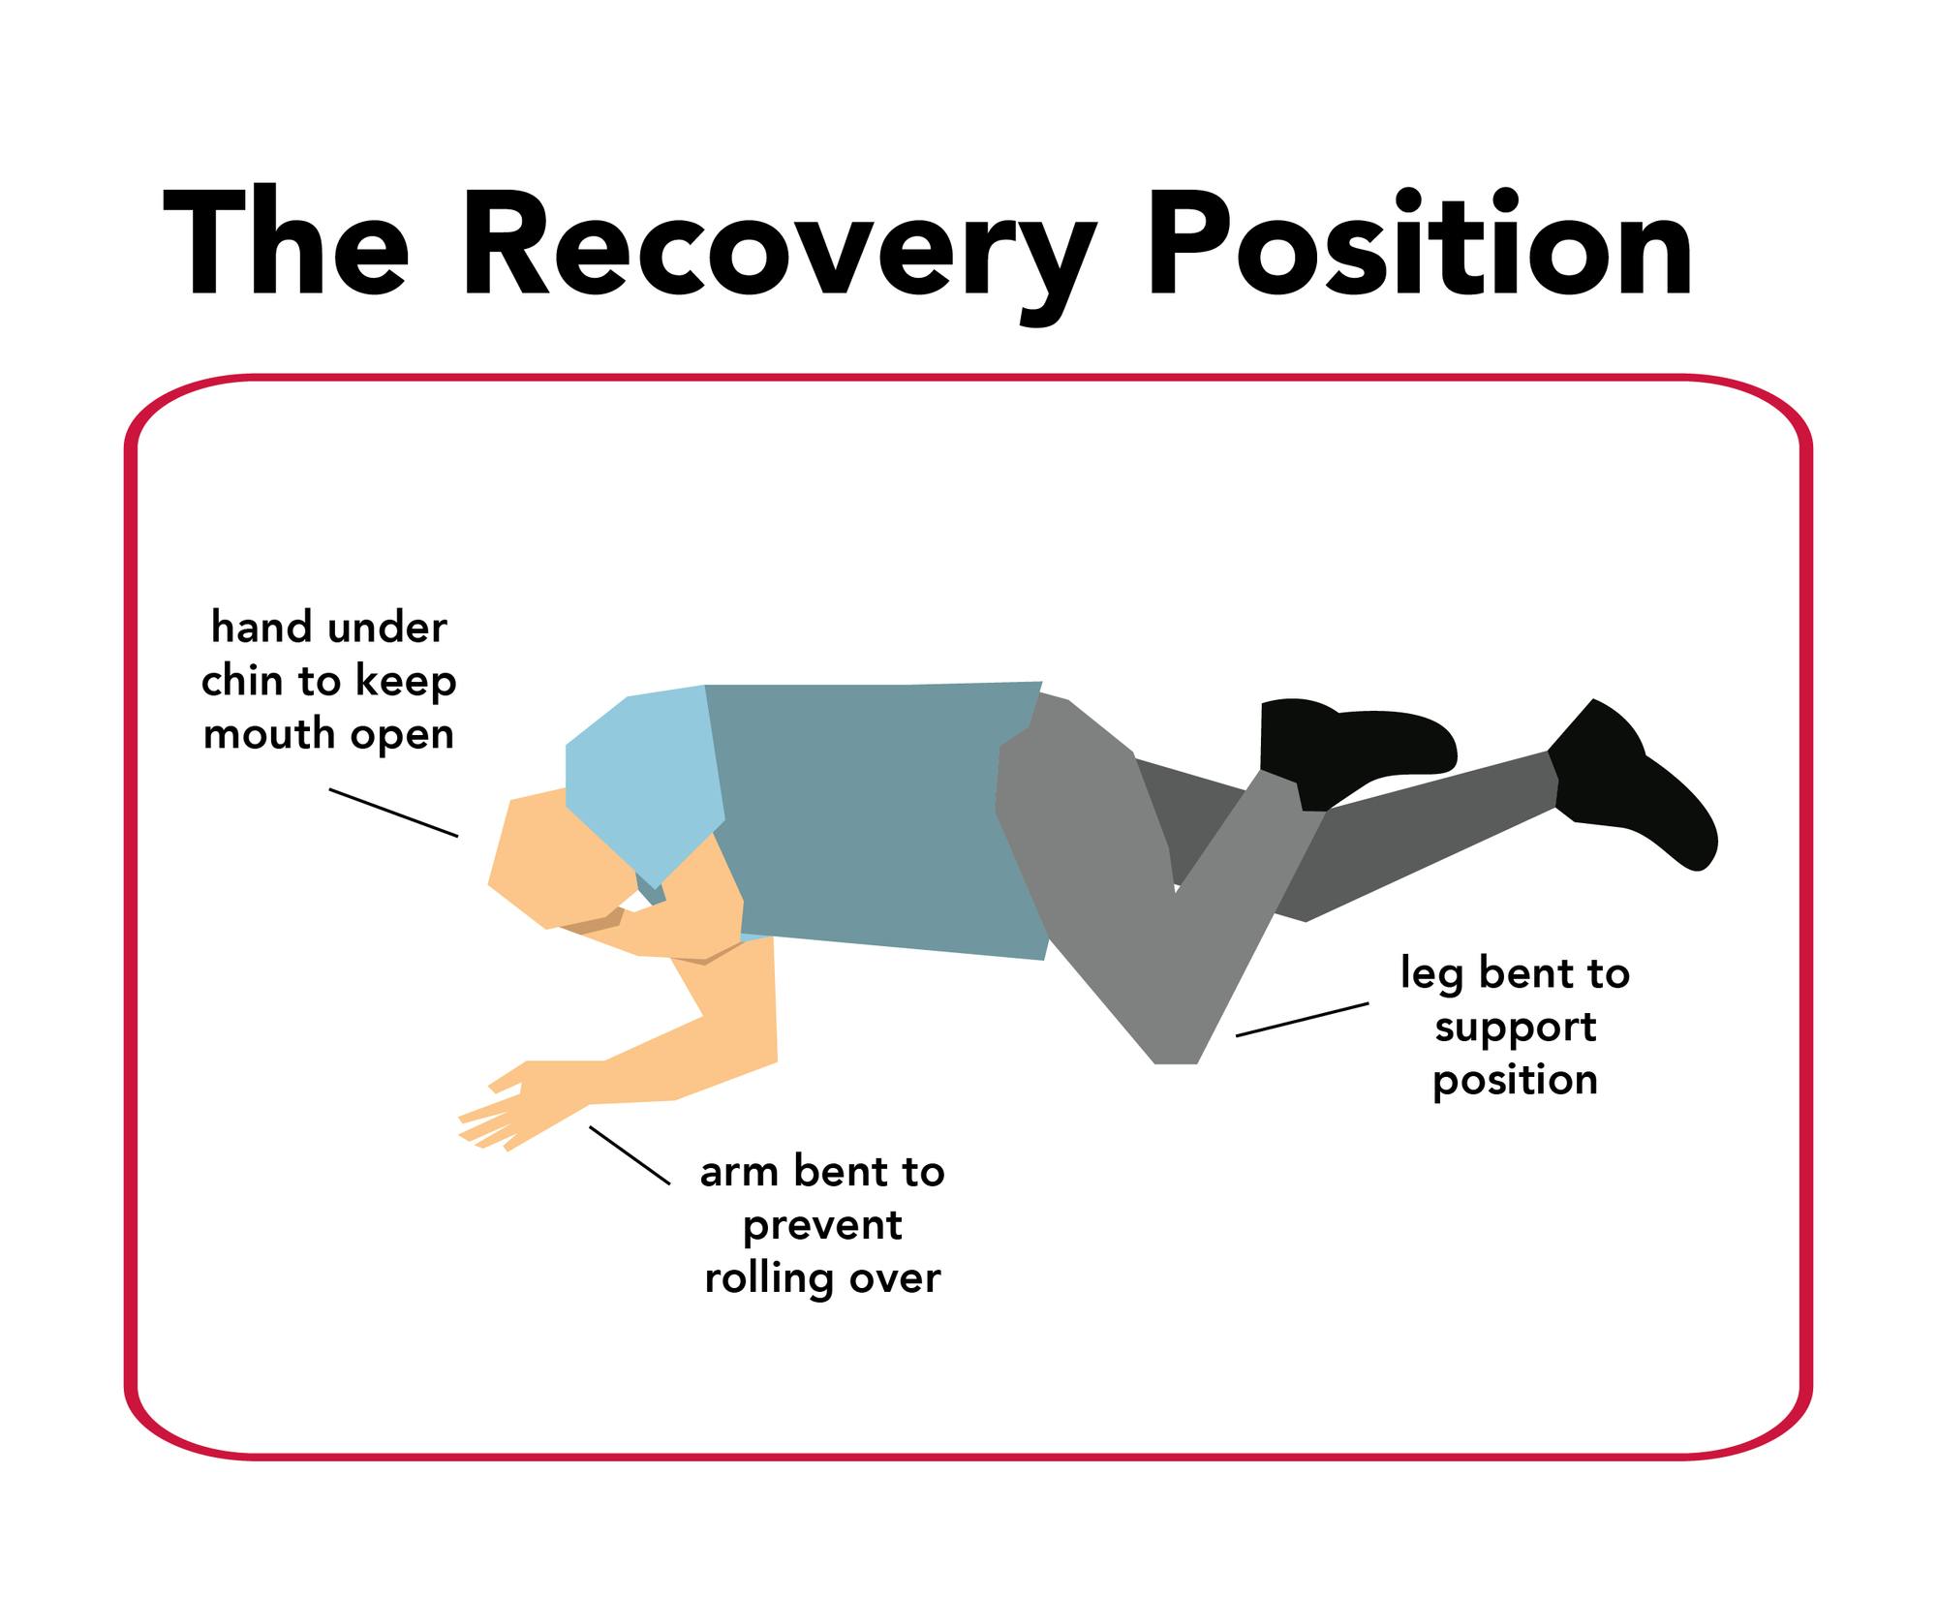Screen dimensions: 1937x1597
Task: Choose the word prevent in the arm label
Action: pos(822,1227)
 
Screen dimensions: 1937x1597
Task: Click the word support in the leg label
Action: pos(1516,1029)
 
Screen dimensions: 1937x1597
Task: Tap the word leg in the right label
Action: pos(1430,974)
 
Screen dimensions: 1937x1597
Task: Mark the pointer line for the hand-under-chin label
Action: pos(393,813)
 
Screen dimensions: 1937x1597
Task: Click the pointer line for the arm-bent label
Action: pos(630,1155)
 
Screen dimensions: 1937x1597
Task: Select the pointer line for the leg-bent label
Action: pos(1302,1020)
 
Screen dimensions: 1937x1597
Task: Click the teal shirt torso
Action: pos(872,818)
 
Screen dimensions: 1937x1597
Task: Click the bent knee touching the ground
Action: pos(1177,1046)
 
